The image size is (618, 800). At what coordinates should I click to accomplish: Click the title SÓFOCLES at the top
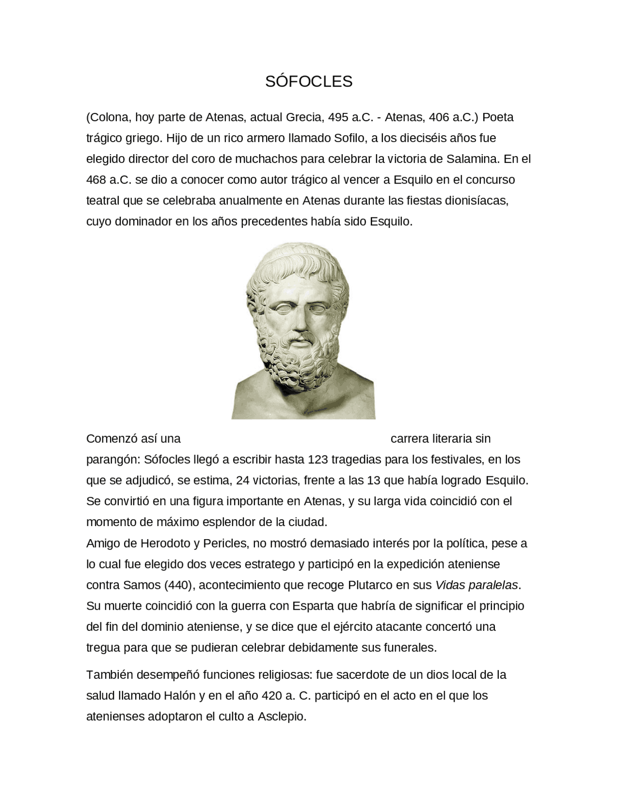(309, 82)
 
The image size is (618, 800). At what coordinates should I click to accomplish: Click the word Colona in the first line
(110, 117)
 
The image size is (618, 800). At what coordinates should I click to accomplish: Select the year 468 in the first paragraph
(96, 180)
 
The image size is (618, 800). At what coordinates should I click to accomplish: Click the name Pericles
(225, 543)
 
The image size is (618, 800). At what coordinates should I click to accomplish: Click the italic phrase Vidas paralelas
(477, 585)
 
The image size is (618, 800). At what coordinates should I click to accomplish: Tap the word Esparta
(314, 606)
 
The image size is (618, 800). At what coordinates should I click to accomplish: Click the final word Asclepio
(282, 716)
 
